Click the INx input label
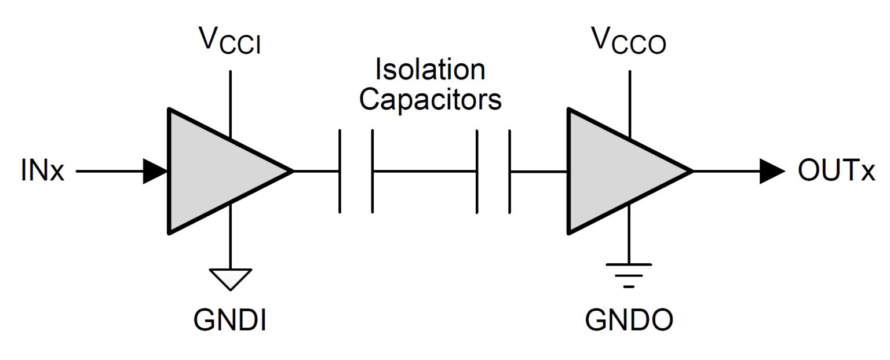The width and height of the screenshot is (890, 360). (42, 172)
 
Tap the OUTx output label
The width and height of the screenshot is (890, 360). (836, 171)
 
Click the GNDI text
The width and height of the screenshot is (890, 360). (230, 319)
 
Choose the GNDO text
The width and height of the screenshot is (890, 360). (629, 319)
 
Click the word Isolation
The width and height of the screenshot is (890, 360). (430, 70)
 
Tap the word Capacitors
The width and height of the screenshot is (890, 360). (430, 99)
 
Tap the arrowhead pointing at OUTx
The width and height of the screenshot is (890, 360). (772, 172)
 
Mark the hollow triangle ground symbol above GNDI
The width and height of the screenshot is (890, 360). (230, 278)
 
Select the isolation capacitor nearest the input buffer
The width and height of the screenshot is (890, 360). (356, 172)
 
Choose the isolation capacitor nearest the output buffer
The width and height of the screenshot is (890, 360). (494, 172)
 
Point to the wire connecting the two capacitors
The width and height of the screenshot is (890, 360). (425, 172)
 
